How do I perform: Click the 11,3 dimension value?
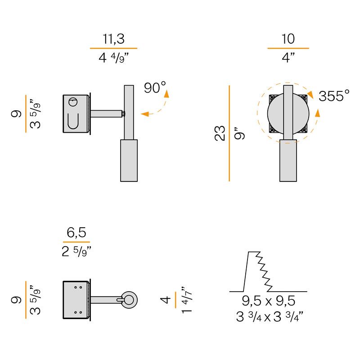[x=113, y=39]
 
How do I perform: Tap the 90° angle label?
[x=155, y=87]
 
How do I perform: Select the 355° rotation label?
[x=334, y=95]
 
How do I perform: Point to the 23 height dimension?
[x=220, y=133]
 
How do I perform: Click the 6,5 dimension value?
[x=76, y=232]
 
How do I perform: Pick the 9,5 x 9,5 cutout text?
[x=268, y=301]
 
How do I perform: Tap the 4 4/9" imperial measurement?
[x=113, y=58]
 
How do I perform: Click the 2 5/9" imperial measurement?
[x=76, y=251]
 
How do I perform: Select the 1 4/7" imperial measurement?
[x=186, y=300]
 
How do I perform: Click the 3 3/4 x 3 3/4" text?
[x=270, y=317]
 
